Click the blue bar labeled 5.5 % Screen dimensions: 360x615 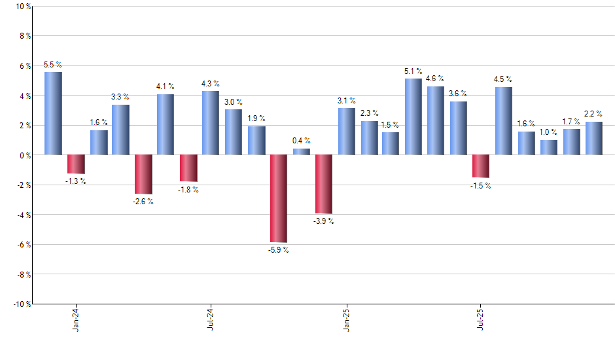point(53,113)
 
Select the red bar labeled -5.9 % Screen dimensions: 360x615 point(278,198)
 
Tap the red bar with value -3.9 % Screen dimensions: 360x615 point(323,184)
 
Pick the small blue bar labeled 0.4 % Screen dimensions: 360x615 point(301,152)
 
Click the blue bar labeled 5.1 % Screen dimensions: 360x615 point(413,117)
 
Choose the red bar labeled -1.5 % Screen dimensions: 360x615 point(481,166)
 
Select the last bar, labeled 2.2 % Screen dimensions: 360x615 point(593,138)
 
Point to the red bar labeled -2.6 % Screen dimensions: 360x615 point(143,174)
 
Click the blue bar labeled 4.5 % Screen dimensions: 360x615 point(503,121)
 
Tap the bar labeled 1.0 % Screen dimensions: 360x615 point(548,147)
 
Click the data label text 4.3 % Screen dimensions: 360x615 point(211,84)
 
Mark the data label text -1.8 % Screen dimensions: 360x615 point(188,190)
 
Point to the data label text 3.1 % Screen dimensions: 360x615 point(346,101)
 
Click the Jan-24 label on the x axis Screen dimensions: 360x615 point(77,319)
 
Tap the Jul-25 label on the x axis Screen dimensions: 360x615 point(482,319)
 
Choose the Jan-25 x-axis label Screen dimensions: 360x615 point(347,319)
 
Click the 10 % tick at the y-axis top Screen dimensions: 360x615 point(22,7)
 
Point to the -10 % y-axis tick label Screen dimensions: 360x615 point(21,304)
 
